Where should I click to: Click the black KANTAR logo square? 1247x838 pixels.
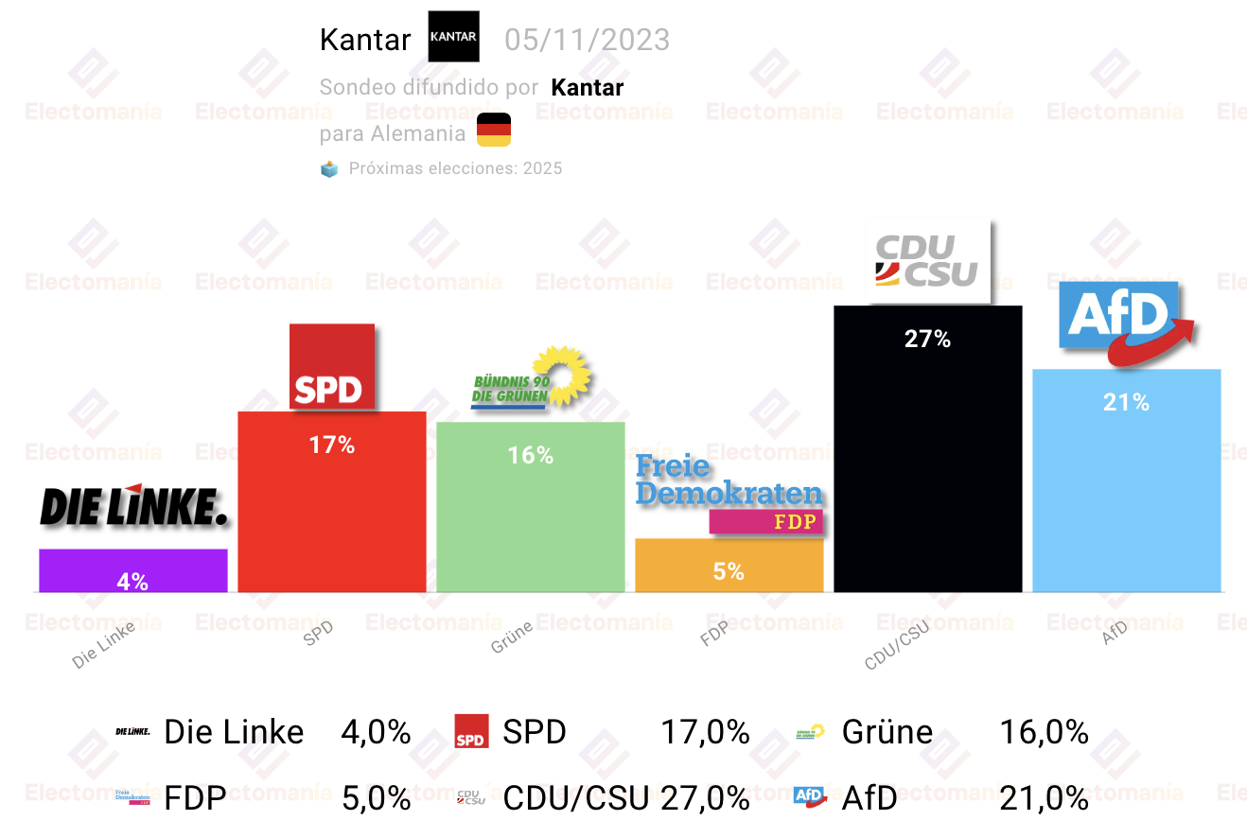453,36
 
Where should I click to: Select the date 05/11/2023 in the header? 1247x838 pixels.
587,40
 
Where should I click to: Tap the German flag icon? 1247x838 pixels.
494,130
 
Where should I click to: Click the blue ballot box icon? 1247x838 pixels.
329,168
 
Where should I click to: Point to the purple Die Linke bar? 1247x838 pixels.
133,570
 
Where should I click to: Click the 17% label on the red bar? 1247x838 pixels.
332,445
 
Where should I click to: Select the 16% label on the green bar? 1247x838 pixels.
531,456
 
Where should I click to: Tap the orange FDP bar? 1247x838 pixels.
729,566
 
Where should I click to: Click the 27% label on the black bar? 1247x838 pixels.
927,339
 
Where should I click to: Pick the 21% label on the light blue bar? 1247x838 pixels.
1126,402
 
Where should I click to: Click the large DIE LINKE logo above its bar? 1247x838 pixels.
133,505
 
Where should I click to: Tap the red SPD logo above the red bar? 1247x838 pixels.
332,367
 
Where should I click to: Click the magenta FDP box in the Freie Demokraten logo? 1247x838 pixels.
766,521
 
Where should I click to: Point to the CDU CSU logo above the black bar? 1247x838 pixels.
928,261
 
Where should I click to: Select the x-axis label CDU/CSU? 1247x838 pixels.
897,645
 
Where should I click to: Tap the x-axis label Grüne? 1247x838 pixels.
512,637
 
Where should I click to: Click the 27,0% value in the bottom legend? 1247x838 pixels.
705,797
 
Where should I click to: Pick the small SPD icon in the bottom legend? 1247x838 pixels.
471,731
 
